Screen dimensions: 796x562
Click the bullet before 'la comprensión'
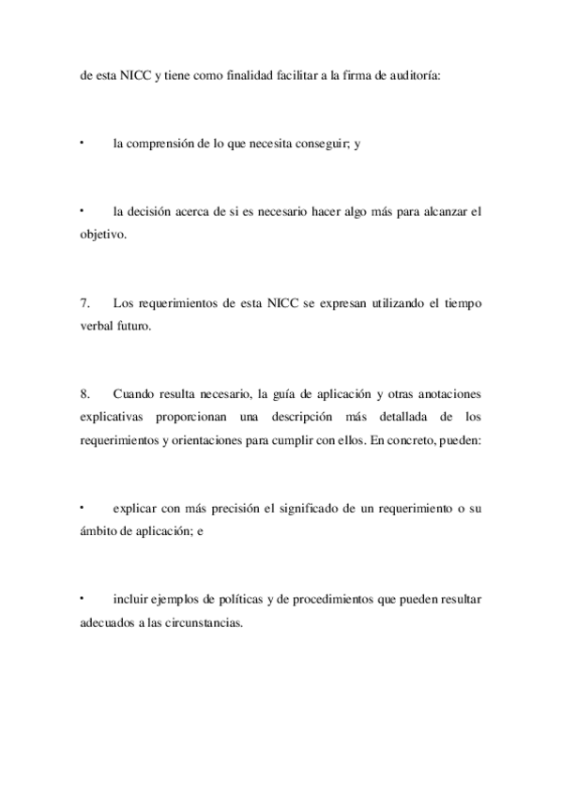tap(82, 143)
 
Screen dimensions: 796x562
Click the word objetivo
tap(102, 233)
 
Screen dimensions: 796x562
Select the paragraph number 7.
tap(85, 304)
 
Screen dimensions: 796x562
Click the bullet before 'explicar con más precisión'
tap(82, 507)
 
